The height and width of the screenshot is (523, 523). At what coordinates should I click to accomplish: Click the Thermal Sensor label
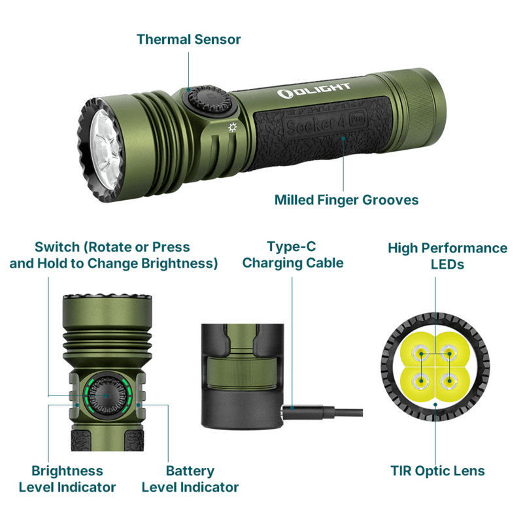tap(188, 39)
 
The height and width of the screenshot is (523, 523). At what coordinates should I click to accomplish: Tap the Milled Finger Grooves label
tap(346, 200)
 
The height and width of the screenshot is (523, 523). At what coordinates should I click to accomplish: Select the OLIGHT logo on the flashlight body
tap(314, 90)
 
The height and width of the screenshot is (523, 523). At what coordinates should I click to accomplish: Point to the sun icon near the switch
tap(233, 127)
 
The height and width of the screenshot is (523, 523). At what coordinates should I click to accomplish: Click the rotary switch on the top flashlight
tap(209, 99)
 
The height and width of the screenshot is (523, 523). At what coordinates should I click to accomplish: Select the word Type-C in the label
tap(292, 247)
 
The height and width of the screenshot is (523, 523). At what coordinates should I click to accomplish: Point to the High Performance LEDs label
tap(447, 256)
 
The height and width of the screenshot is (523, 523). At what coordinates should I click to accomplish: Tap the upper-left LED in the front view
tap(421, 354)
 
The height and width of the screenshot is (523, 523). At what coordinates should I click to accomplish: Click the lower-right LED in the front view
tap(449, 380)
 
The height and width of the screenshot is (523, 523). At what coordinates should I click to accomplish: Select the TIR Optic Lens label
tap(437, 471)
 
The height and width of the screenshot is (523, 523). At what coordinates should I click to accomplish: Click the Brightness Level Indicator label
tap(67, 479)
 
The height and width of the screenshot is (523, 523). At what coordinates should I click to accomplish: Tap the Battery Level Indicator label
tap(190, 479)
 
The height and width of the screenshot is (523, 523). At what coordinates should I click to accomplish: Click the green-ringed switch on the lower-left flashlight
tap(107, 396)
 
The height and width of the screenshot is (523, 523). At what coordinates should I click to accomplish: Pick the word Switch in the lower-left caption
tap(58, 248)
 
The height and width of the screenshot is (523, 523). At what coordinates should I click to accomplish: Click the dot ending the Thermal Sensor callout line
tap(188, 90)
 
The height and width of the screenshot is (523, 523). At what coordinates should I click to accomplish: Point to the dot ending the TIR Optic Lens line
tap(435, 405)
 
